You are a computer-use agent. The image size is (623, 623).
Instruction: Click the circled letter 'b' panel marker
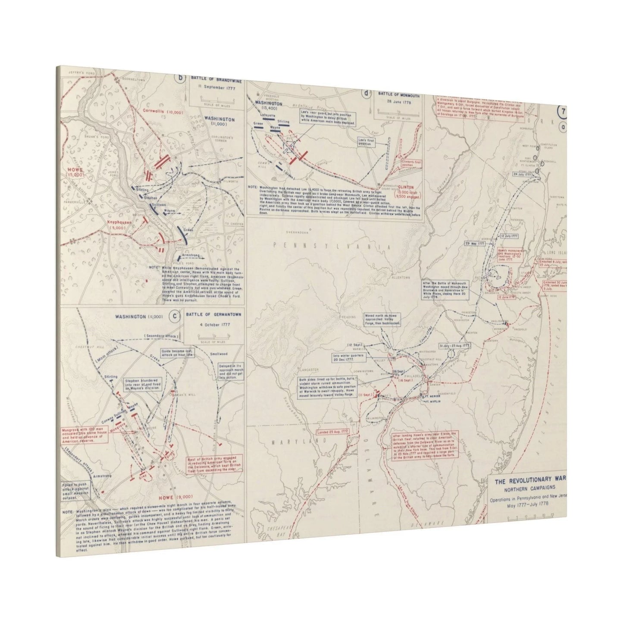point(180,78)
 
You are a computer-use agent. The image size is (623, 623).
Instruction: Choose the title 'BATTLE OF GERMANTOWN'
point(214,315)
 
